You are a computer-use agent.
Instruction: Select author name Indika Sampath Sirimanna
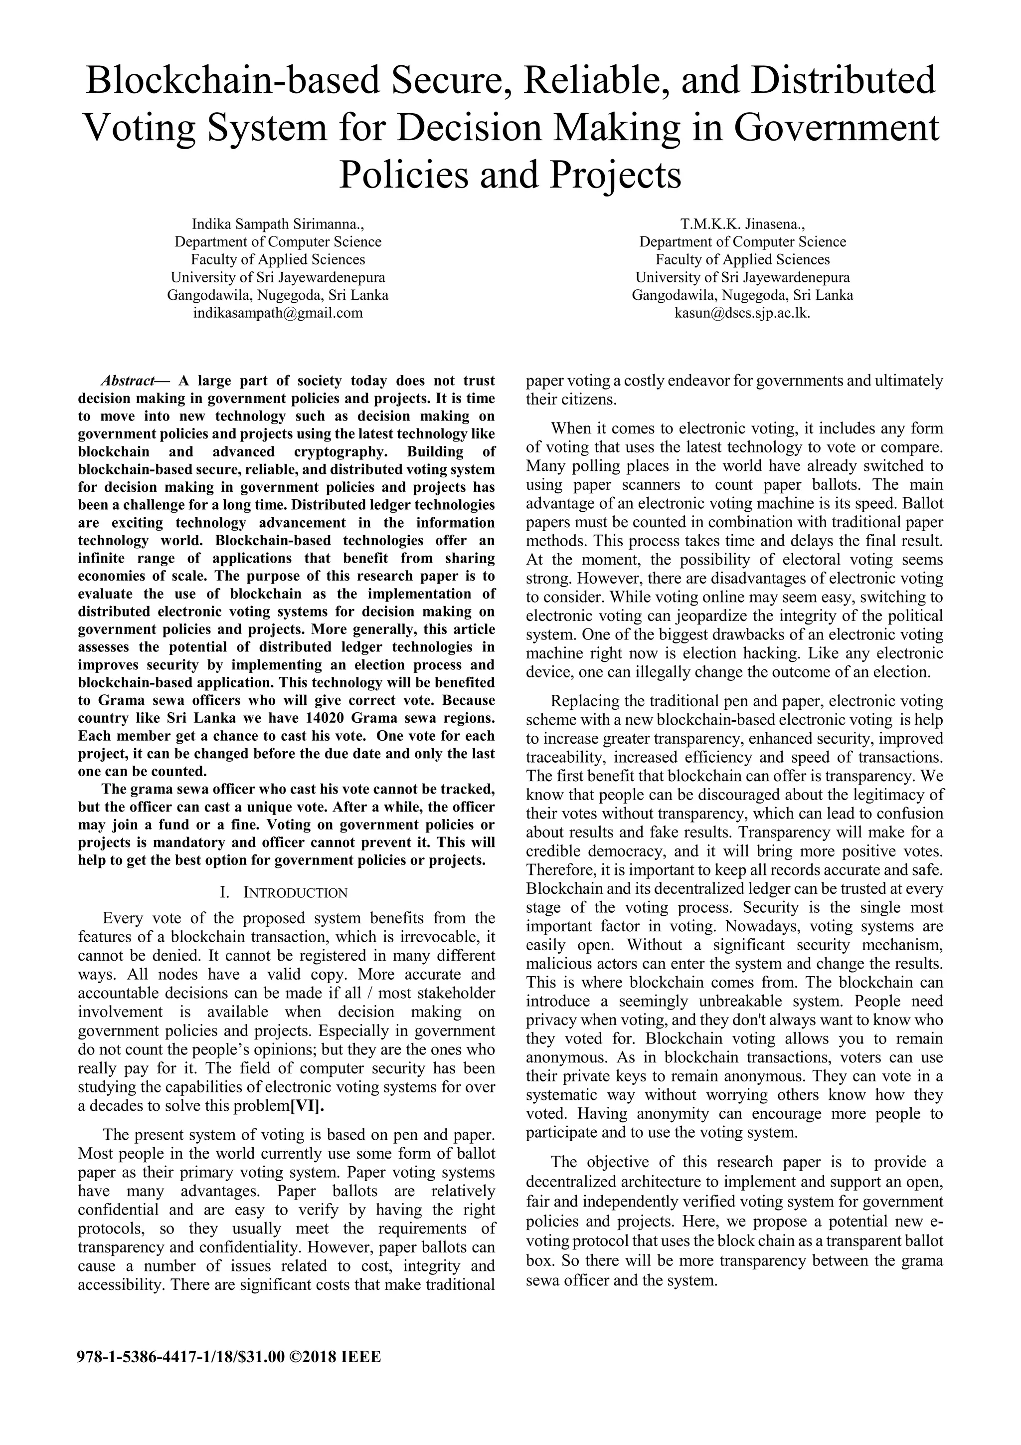tap(277, 224)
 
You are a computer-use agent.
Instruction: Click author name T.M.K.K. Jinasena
tap(742, 224)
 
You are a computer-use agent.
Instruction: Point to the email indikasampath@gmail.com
tap(277, 313)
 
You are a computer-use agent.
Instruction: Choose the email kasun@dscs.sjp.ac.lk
tap(742, 313)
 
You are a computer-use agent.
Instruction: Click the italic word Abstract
tap(128, 381)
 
